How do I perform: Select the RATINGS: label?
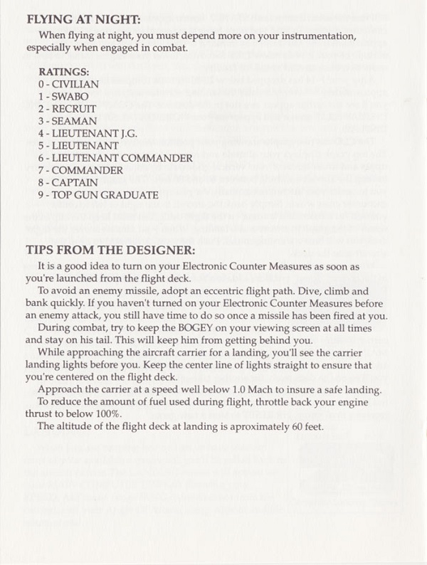click(65, 72)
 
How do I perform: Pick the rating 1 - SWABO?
click(64, 96)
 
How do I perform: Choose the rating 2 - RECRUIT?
click(68, 108)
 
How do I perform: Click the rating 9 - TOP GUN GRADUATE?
click(98, 194)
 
